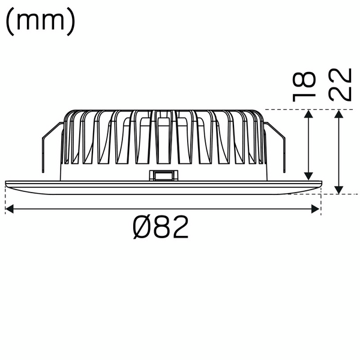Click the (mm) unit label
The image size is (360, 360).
[x=40, y=21]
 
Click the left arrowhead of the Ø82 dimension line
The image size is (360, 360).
[x=9, y=208]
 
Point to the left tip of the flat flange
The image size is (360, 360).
[x=5, y=181]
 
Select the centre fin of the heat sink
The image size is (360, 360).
[x=162, y=138]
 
